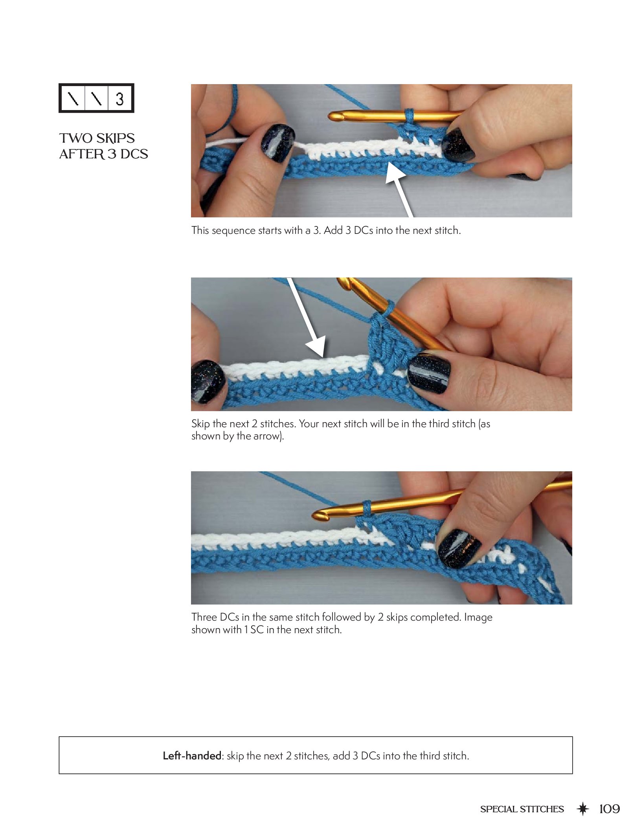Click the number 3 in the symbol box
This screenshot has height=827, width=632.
click(x=119, y=99)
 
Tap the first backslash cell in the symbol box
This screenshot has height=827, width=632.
click(x=73, y=98)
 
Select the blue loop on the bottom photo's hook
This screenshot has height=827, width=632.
click(x=367, y=509)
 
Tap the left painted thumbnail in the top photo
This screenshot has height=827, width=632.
click(x=278, y=143)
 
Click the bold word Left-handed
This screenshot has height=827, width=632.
click(x=192, y=755)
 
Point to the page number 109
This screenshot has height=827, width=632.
click(x=609, y=809)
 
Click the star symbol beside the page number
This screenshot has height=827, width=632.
click(x=582, y=809)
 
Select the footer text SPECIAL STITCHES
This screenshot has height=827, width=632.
click(x=522, y=809)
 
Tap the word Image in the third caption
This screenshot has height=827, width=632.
click(x=478, y=617)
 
